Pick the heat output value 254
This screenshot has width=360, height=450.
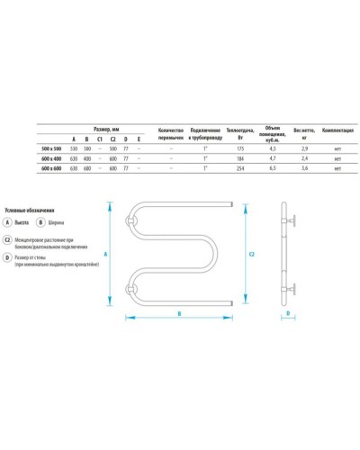click(239, 168)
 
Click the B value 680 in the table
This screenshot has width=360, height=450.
click(86, 168)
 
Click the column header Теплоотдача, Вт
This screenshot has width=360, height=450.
click(239, 132)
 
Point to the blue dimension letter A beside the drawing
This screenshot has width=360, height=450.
click(107, 255)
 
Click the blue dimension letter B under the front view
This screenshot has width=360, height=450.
click(178, 312)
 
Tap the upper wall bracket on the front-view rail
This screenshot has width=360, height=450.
click(132, 220)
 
